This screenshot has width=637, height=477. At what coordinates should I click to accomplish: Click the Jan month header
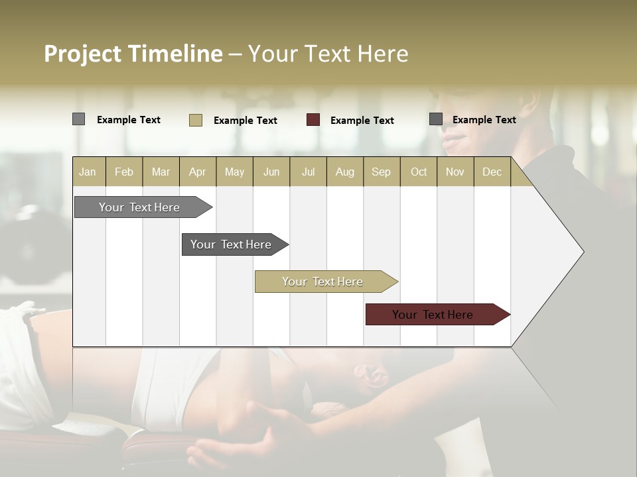pyautogui.click(x=88, y=172)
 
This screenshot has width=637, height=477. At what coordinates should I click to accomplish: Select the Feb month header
pyautogui.click(x=124, y=172)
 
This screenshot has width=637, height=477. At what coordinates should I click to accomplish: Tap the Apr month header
pyautogui.click(x=198, y=172)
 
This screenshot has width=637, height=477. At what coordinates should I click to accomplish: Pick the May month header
pyautogui.click(x=234, y=172)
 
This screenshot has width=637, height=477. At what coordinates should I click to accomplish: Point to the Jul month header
pyautogui.click(x=308, y=172)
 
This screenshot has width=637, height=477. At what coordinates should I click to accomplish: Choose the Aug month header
pyautogui.click(x=344, y=172)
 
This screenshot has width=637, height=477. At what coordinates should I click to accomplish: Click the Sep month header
pyautogui.click(x=382, y=172)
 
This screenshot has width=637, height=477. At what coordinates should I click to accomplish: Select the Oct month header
pyautogui.click(x=419, y=172)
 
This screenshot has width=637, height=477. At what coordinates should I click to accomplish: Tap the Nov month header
pyautogui.click(x=455, y=172)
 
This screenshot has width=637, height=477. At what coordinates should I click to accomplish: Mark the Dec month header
pyautogui.click(x=492, y=172)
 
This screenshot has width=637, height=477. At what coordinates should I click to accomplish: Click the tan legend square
pyautogui.click(x=195, y=120)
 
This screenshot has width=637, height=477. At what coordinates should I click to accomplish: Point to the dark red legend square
pyautogui.click(x=313, y=120)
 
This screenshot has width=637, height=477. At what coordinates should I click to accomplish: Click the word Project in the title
pyautogui.click(x=82, y=54)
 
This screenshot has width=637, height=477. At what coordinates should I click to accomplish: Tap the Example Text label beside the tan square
pyautogui.click(x=245, y=121)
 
